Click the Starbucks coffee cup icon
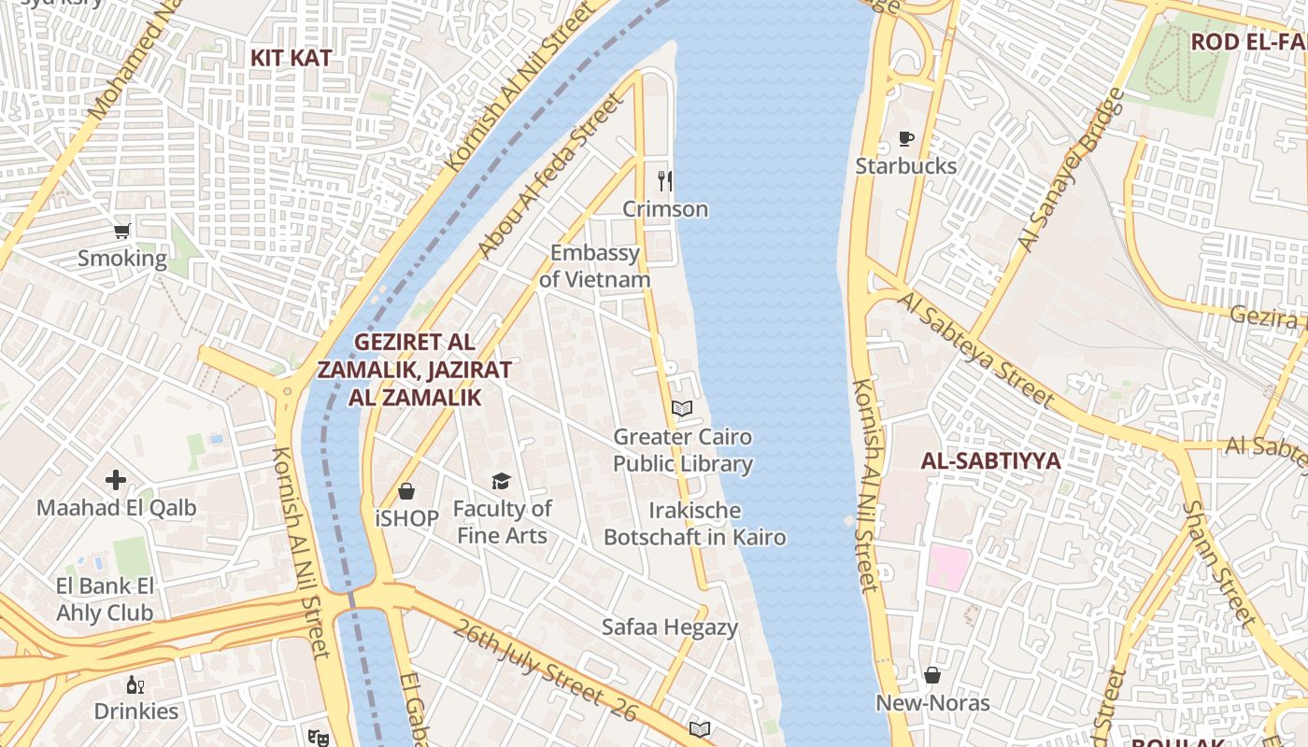click(x=905, y=139)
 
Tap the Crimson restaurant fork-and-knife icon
click(x=664, y=180)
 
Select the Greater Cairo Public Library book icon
click(x=682, y=408)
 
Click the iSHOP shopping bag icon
click(x=406, y=490)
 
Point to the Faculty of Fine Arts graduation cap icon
click(x=502, y=481)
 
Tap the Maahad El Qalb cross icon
click(x=116, y=480)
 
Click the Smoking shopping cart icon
click(x=121, y=231)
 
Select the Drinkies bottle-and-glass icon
click(x=135, y=684)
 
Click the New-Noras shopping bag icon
click(x=932, y=674)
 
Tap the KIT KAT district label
click(x=291, y=58)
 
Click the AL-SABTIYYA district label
click(x=990, y=461)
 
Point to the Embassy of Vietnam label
click(x=595, y=266)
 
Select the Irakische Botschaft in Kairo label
click(x=694, y=524)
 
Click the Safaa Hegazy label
click(x=669, y=627)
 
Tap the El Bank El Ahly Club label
click(x=105, y=599)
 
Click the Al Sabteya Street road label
click(x=977, y=348)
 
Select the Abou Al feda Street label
click(x=550, y=175)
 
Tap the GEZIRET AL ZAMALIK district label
click(x=414, y=369)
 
